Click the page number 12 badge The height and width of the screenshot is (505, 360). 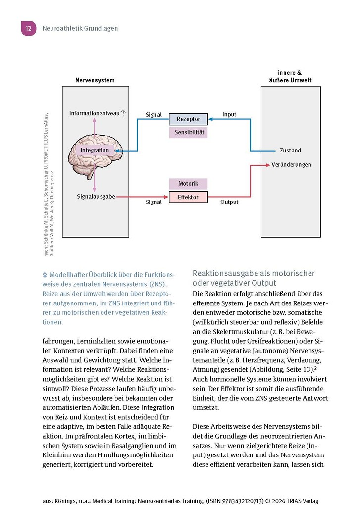(28, 29)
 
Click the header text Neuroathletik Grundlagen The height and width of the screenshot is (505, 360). (80, 29)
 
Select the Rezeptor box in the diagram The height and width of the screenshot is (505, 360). (188, 119)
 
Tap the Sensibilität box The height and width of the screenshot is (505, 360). (188, 133)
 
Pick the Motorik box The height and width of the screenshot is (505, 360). (188, 184)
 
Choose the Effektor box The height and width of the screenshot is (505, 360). (188, 197)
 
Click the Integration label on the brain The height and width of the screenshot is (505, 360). (95, 150)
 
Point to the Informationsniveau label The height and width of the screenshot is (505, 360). (95, 114)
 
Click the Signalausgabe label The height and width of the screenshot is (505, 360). (96, 197)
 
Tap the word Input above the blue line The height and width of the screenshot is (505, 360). (229, 114)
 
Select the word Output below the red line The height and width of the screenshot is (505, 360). (229, 202)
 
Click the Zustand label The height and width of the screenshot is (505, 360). (290, 151)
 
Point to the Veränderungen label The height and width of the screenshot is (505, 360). (292, 164)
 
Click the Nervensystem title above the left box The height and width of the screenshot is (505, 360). (95, 80)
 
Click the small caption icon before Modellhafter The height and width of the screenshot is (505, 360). (46, 274)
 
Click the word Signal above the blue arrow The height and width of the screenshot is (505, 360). (154, 115)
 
